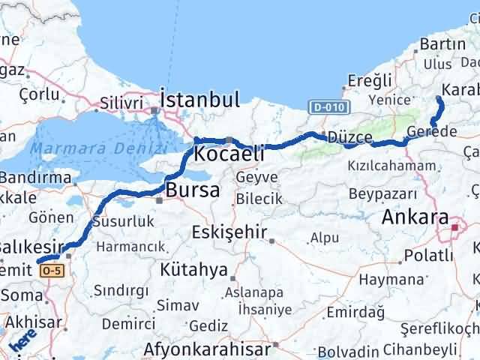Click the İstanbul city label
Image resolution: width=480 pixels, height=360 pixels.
[199, 100]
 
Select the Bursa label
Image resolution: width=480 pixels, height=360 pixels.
[193, 190]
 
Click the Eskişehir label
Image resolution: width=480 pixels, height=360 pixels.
[229, 232]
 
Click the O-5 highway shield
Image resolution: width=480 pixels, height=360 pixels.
[50, 269]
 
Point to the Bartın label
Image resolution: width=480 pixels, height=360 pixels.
[442, 44]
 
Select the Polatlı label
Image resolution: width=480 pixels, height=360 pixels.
[428, 256]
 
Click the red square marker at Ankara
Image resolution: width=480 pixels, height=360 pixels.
[454, 223]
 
